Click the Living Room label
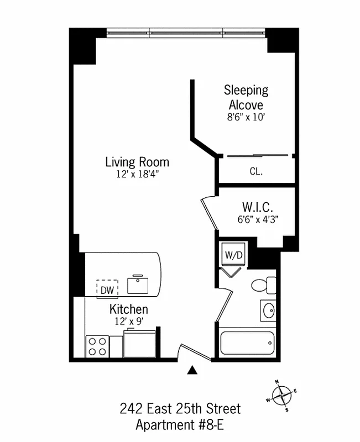[x=137, y=162]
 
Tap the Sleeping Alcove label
[x=246, y=97]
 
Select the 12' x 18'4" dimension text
[x=137, y=174]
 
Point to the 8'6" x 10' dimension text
[x=246, y=117]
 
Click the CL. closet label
[x=255, y=172]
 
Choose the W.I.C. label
[x=257, y=207]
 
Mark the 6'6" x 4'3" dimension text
[x=257, y=218]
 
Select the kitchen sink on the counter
[x=138, y=285]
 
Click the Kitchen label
[x=128, y=309]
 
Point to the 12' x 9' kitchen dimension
[x=128, y=320]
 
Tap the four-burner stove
[x=96, y=346]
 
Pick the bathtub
[x=247, y=344]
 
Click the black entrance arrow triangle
[x=192, y=370]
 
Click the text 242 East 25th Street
[x=180, y=409]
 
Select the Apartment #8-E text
[x=180, y=425]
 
